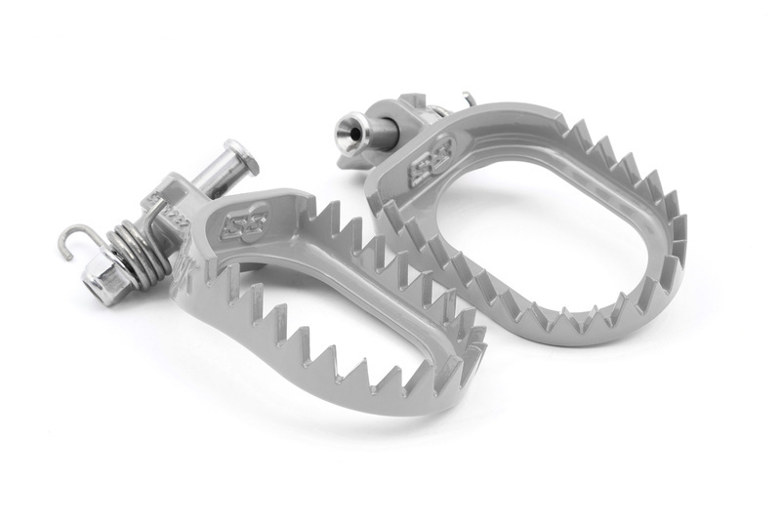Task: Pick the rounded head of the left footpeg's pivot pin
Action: (235, 155)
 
